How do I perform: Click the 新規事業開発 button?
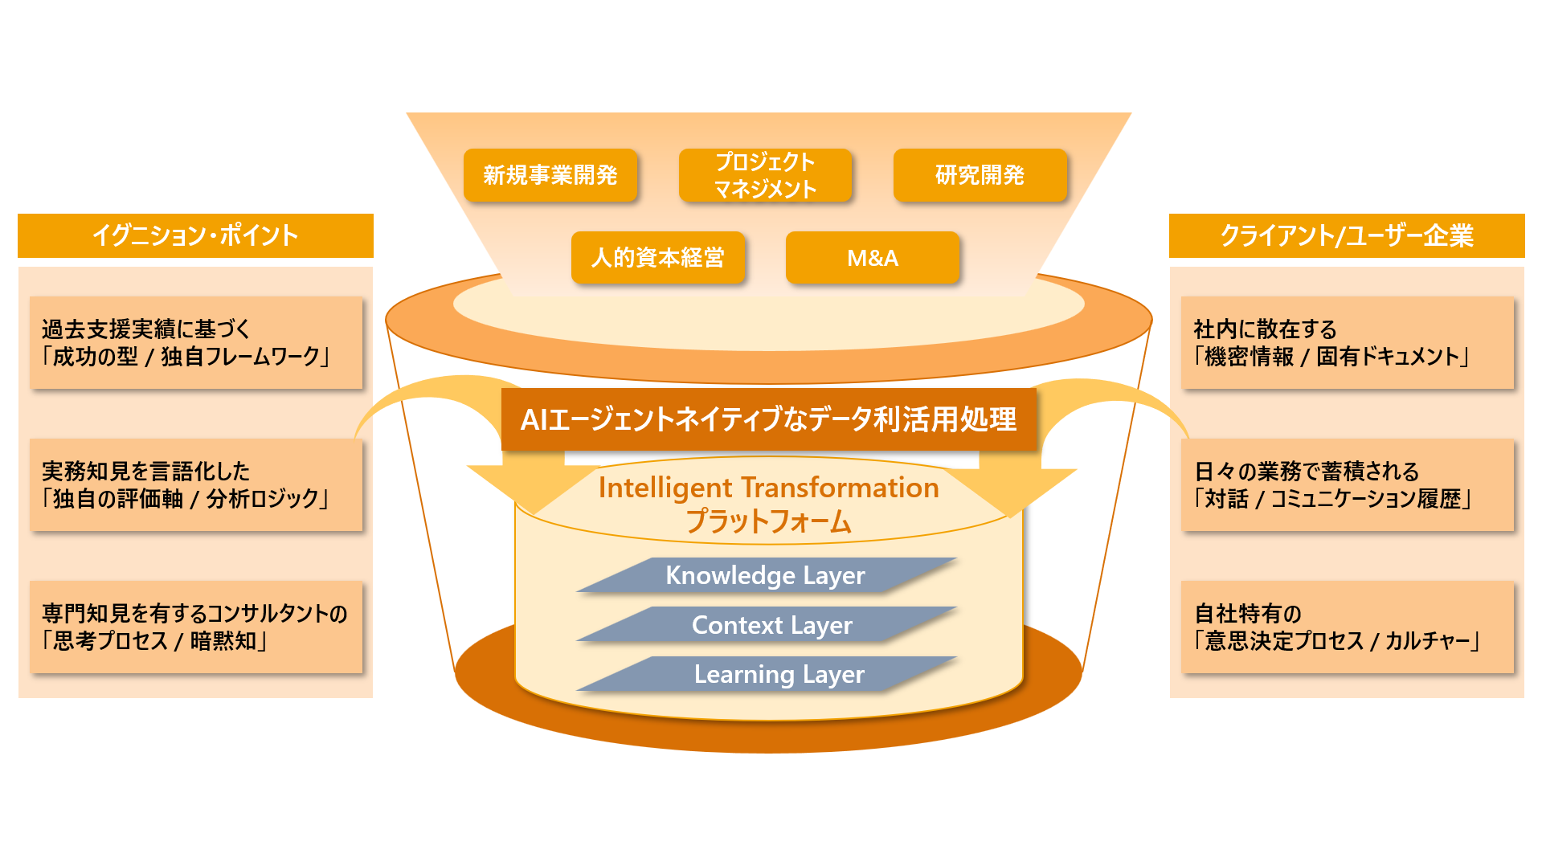click(550, 175)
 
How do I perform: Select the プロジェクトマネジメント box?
click(765, 175)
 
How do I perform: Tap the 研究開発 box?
click(980, 175)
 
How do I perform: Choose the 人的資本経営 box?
click(658, 258)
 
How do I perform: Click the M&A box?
click(873, 258)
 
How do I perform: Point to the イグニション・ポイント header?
click(195, 235)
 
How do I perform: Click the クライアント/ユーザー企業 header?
click(1347, 235)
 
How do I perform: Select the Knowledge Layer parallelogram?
click(766, 575)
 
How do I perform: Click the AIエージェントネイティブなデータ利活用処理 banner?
click(768, 419)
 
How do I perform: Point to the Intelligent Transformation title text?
click(768, 488)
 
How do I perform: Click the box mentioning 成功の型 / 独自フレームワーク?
click(196, 343)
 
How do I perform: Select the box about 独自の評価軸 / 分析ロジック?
click(196, 484)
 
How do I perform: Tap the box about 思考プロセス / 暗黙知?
click(196, 627)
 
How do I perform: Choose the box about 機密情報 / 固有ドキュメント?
click(1347, 343)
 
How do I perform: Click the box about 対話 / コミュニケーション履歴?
click(1347, 484)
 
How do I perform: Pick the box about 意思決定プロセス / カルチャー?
click(1347, 627)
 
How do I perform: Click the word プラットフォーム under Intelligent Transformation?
click(768, 522)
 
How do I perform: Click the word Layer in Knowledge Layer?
click(834, 575)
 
